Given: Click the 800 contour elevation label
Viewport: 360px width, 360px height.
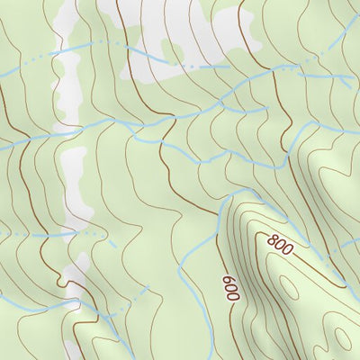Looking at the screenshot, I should [x=280, y=245].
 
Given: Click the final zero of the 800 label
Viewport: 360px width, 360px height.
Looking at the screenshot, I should [x=287, y=250].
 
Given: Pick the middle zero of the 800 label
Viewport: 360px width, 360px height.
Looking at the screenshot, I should [x=280, y=245].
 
